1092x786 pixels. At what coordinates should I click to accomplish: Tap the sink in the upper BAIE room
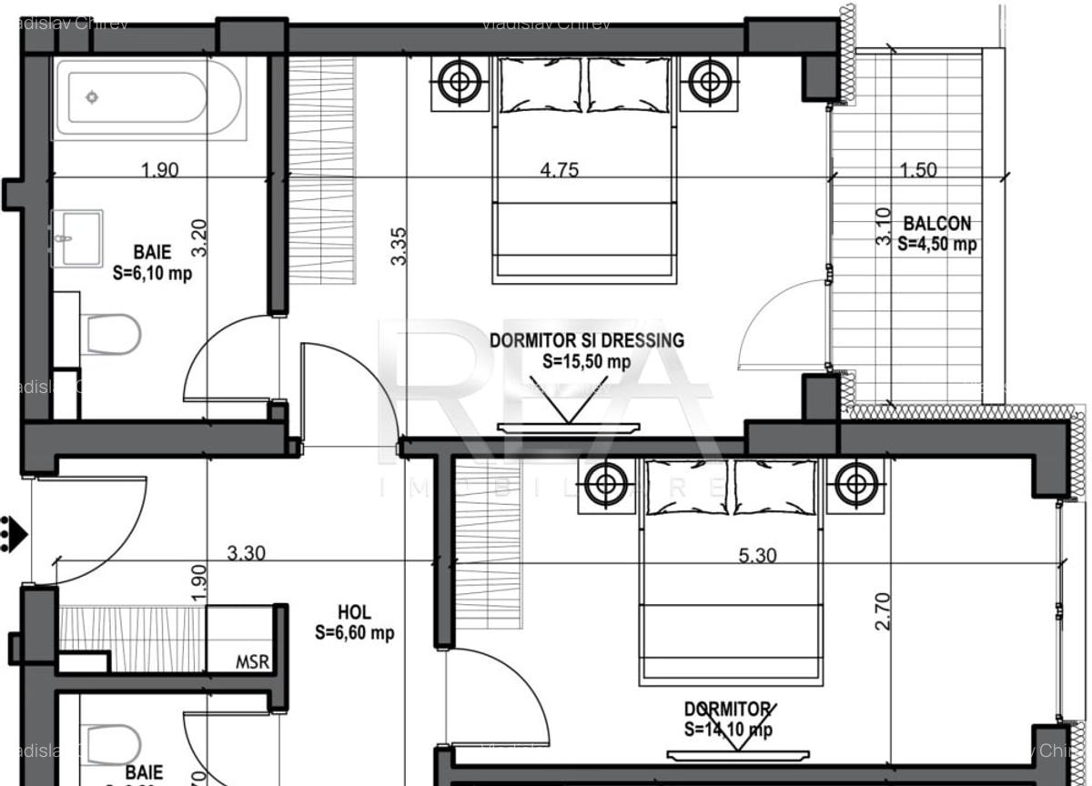tap(77, 238)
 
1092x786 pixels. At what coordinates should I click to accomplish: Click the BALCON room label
tap(936, 224)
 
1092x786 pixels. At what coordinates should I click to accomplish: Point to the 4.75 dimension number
tap(559, 170)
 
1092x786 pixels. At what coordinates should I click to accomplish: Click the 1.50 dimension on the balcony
tap(918, 170)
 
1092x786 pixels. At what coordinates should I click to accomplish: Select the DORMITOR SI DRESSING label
tap(587, 341)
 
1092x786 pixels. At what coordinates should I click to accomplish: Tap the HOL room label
tap(354, 613)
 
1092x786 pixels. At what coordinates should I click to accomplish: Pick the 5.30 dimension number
tap(757, 555)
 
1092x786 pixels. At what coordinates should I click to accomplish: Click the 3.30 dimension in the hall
tap(246, 553)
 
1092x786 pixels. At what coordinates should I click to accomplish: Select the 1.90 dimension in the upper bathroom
tap(159, 170)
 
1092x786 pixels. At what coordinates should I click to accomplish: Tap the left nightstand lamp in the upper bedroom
tap(458, 82)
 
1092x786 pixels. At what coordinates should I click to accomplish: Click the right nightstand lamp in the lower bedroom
tap(856, 483)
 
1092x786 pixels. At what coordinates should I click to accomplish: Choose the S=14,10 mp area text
tap(728, 729)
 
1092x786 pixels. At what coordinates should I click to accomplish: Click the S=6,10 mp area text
tap(152, 272)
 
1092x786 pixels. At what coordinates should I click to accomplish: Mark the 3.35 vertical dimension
tap(399, 246)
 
